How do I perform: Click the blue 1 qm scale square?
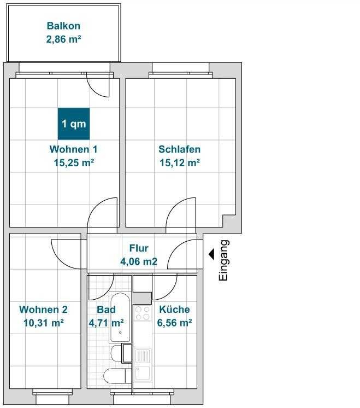pyautogui.click(x=74, y=124)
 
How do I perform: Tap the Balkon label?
pyautogui.click(x=63, y=26)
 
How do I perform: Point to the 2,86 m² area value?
pyautogui.click(x=64, y=39)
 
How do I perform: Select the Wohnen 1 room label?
pyautogui.click(x=74, y=149)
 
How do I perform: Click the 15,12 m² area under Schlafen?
pyautogui.click(x=180, y=163)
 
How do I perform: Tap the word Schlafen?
pyautogui.click(x=180, y=149)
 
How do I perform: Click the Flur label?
pyautogui.click(x=139, y=248)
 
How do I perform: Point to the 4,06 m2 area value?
pyautogui.click(x=139, y=261)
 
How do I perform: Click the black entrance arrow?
pyautogui.click(x=211, y=254)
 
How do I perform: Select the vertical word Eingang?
pyautogui.click(x=223, y=260)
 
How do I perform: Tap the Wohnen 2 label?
pyautogui.click(x=43, y=310)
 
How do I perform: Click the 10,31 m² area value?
pyautogui.click(x=44, y=323)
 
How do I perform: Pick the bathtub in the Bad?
pyautogui.click(x=120, y=317)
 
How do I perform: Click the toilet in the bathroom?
pyautogui.click(x=115, y=376)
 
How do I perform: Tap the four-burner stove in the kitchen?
pyautogui.click(x=143, y=313)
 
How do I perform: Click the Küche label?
pyautogui.click(x=174, y=310)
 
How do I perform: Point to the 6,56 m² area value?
pyautogui.click(x=175, y=323)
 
